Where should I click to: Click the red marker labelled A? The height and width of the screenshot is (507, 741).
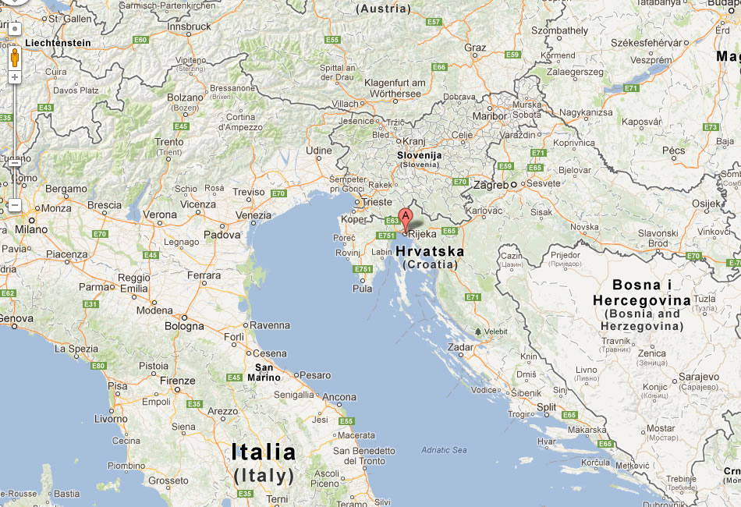pyautogui.click(x=405, y=218)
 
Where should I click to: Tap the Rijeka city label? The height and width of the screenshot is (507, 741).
pyautogui.click(x=422, y=234)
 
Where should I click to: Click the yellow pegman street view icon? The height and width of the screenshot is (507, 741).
pyautogui.click(x=14, y=58)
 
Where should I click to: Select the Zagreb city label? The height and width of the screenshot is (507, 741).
pyautogui.click(x=492, y=185)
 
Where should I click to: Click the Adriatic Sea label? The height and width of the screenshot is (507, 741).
pyautogui.click(x=444, y=450)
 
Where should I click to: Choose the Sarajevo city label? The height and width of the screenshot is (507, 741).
pyautogui.click(x=698, y=378)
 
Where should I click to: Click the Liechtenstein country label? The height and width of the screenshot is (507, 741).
pyautogui.click(x=52, y=43)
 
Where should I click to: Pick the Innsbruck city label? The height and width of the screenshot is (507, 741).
pyautogui.click(x=190, y=26)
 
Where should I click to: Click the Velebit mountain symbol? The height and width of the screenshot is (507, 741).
pyautogui.click(x=478, y=331)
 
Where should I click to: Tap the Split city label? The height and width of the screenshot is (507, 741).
pyautogui.click(x=547, y=407)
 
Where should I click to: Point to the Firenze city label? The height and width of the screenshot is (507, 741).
pyautogui.click(x=178, y=381)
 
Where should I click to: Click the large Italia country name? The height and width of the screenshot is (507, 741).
pyautogui.click(x=264, y=452)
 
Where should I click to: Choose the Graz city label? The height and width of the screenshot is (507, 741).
pyautogui.click(x=475, y=48)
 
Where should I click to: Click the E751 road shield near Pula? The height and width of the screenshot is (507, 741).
pyautogui.click(x=361, y=269)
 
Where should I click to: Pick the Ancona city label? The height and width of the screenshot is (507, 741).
pyautogui.click(x=339, y=397)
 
